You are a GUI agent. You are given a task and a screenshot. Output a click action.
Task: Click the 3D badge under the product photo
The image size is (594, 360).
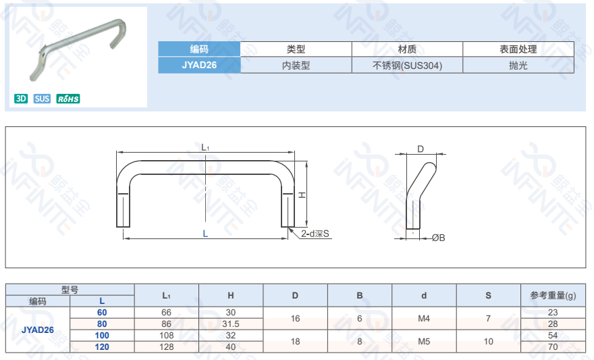tap(21, 99)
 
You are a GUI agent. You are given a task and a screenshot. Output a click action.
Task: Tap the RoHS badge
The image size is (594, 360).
tap(68, 99)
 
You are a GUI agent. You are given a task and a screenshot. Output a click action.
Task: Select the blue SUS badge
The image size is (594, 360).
tap(42, 99)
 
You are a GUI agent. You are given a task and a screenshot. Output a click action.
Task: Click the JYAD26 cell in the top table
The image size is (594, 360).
tap(199, 66)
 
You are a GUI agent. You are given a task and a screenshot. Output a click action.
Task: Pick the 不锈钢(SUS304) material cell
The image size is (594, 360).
tap(407, 66)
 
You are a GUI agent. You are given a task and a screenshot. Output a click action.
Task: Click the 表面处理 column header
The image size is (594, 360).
tap(518, 49)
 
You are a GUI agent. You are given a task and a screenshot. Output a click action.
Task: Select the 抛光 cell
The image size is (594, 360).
tap(518, 66)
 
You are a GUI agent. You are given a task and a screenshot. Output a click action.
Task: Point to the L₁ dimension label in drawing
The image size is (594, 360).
tap(206, 147)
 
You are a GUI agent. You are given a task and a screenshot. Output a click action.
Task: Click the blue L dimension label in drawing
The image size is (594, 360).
tap(205, 233)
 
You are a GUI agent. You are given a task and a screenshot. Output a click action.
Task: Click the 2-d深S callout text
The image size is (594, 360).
tap(315, 234)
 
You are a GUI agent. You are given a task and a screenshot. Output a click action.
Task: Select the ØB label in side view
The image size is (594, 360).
tap(438, 237)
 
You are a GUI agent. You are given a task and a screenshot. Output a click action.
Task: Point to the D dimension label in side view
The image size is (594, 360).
tap(420, 149)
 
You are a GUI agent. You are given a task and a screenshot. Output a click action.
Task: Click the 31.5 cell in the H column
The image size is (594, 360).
tap(231, 324)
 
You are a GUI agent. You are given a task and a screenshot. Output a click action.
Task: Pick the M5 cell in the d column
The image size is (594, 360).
tap(424, 341)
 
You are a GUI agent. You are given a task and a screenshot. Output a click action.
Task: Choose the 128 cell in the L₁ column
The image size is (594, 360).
tap(166, 347)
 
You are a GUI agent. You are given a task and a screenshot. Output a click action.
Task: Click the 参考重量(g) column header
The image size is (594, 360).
tap(553, 296)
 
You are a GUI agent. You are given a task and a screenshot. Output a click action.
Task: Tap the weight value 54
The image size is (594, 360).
tap(553, 336)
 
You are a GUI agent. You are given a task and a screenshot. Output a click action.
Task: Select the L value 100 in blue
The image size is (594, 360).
tap(102, 336)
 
